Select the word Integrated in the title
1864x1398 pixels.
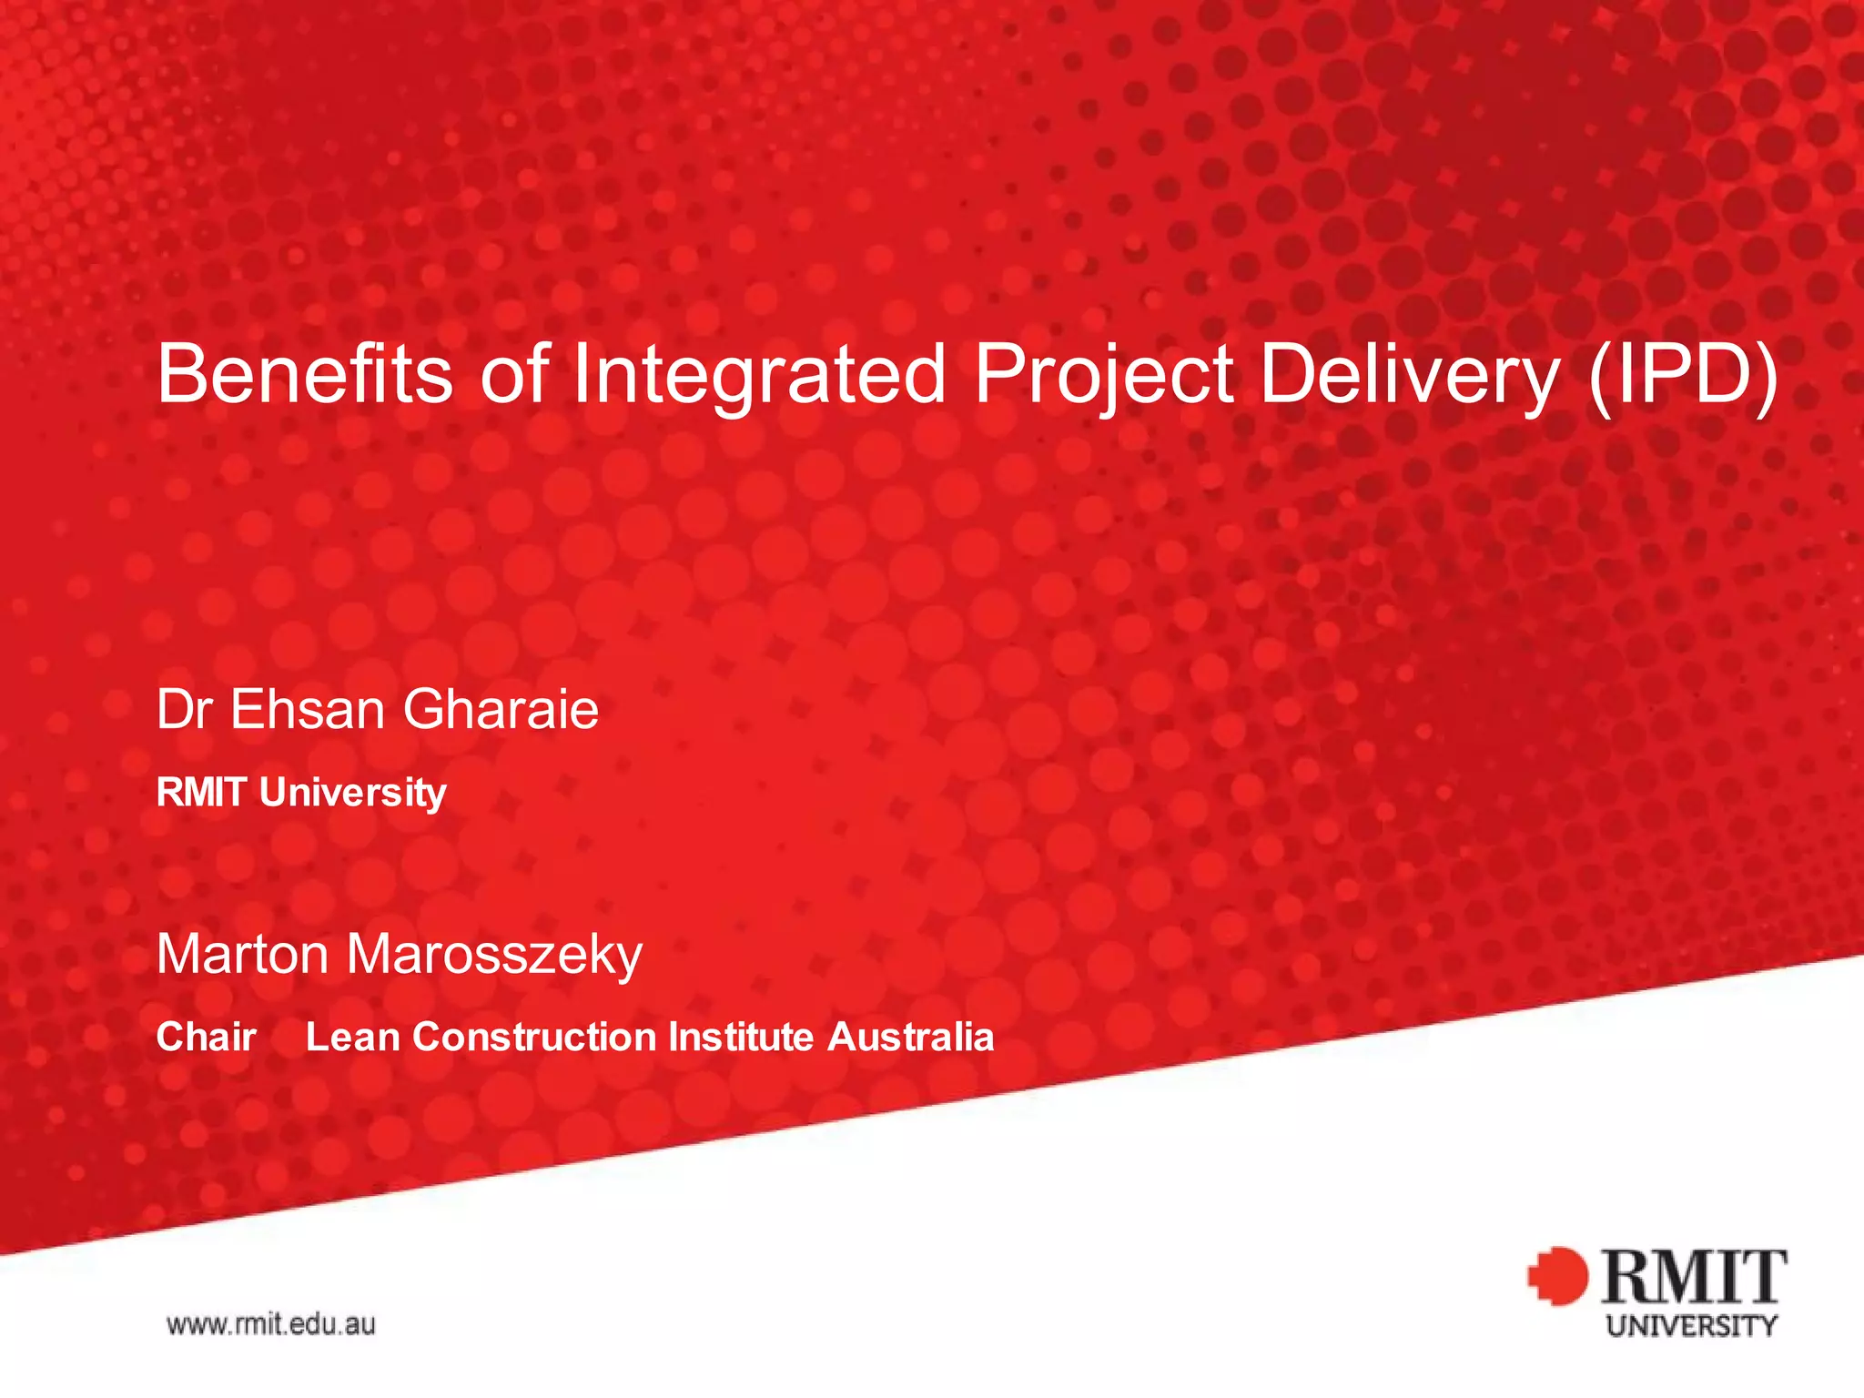(x=759, y=375)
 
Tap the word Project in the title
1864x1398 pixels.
(x=1104, y=375)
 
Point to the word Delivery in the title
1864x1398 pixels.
(x=1410, y=375)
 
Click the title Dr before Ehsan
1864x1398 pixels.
(x=185, y=709)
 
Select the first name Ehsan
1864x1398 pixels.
(x=307, y=709)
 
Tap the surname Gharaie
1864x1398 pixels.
(x=501, y=709)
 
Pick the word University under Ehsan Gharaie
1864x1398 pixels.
(x=353, y=793)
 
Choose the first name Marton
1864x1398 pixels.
(x=242, y=954)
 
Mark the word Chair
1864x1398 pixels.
(x=206, y=1037)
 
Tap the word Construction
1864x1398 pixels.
(x=534, y=1037)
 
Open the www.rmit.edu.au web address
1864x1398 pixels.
(x=270, y=1323)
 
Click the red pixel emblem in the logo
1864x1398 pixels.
(x=1557, y=1276)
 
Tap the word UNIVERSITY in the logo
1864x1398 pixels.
(x=1691, y=1325)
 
